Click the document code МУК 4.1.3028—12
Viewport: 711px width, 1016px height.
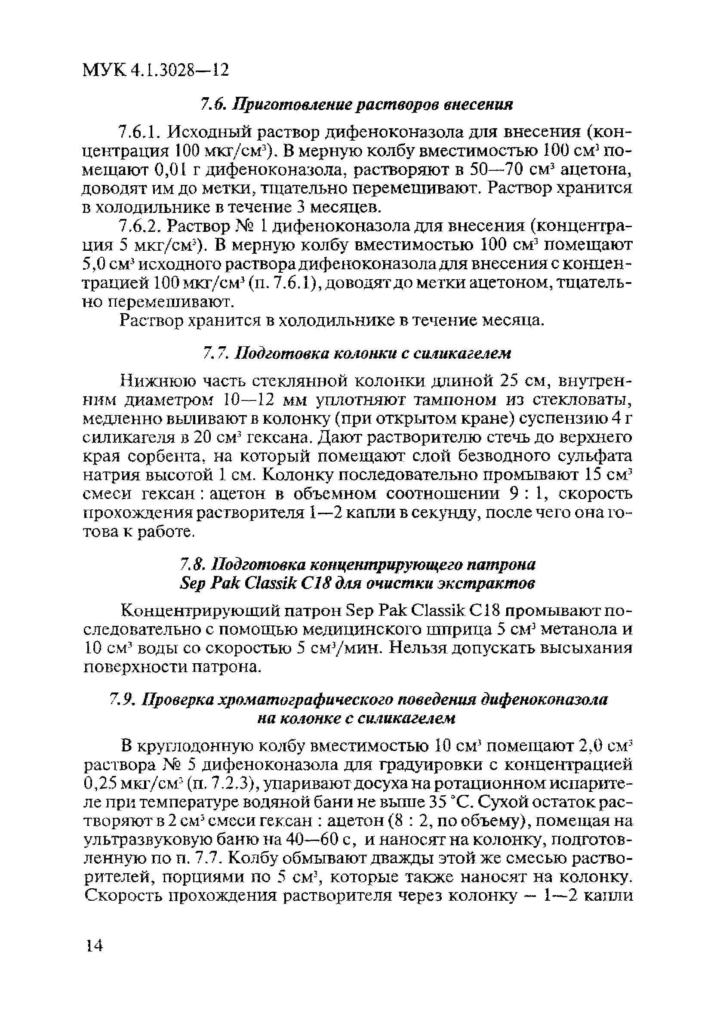tap(156, 70)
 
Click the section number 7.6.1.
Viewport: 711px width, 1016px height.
tap(141, 132)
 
